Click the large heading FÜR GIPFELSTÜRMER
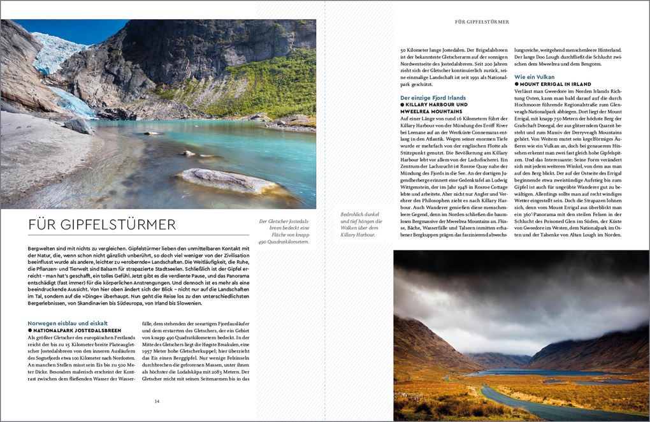[x=102, y=224]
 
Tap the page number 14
[x=157, y=401]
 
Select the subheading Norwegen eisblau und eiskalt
[x=68, y=323]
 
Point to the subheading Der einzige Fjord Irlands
[x=433, y=98]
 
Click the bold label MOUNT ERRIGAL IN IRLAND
[x=555, y=84]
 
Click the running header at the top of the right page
[x=482, y=22]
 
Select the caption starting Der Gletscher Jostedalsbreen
[x=284, y=232]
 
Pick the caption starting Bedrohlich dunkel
[x=361, y=225]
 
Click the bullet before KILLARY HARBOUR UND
[x=402, y=105]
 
